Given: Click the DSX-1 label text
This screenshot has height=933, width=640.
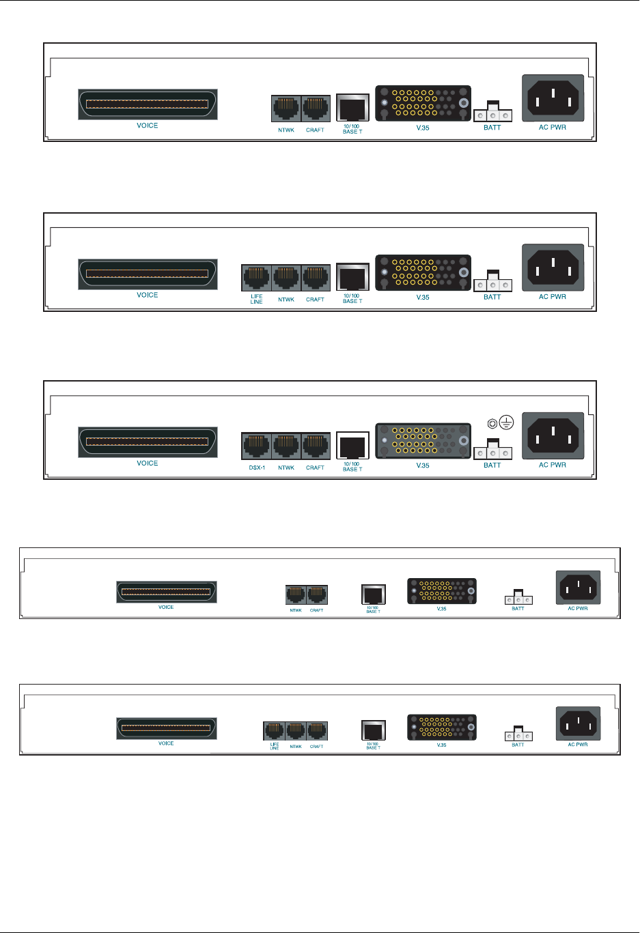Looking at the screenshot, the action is click(x=257, y=468).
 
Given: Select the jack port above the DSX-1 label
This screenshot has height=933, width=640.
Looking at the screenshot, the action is click(x=257, y=446).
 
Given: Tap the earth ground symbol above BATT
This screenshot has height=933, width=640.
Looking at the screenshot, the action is click(x=506, y=422).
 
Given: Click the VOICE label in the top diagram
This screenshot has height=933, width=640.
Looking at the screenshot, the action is click(x=148, y=126).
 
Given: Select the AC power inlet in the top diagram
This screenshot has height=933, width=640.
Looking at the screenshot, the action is click(x=553, y=98).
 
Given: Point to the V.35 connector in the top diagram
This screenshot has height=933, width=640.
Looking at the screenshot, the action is click(x=423, y=103).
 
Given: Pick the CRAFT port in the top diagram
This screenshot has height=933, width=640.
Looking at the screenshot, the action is click(x=316, y=109).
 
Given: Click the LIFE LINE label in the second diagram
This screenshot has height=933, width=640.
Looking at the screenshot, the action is click(x=257, y=299).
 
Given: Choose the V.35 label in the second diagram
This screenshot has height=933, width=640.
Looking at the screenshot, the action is click(x=423, y=297).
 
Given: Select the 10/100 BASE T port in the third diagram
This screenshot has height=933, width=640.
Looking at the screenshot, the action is click(x=352, y=446).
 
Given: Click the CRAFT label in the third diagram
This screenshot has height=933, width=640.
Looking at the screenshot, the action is click(x=315, y=468).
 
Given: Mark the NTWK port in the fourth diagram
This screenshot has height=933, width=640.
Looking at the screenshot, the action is click(x=296, y=595).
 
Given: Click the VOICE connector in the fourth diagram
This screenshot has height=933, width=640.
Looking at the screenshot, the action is click(x=166, y=592).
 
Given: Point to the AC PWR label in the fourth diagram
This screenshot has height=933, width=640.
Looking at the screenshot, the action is click(x=578, y=608).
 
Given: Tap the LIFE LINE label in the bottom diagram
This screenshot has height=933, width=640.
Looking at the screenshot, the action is click(x=275, y=747).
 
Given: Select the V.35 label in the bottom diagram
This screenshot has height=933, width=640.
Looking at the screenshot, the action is click(x=441, y=745).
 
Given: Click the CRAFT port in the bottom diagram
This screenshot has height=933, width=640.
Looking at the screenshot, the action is click(x=316, y=731).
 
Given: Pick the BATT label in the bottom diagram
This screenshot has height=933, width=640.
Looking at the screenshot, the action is click(x=518, y=745).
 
